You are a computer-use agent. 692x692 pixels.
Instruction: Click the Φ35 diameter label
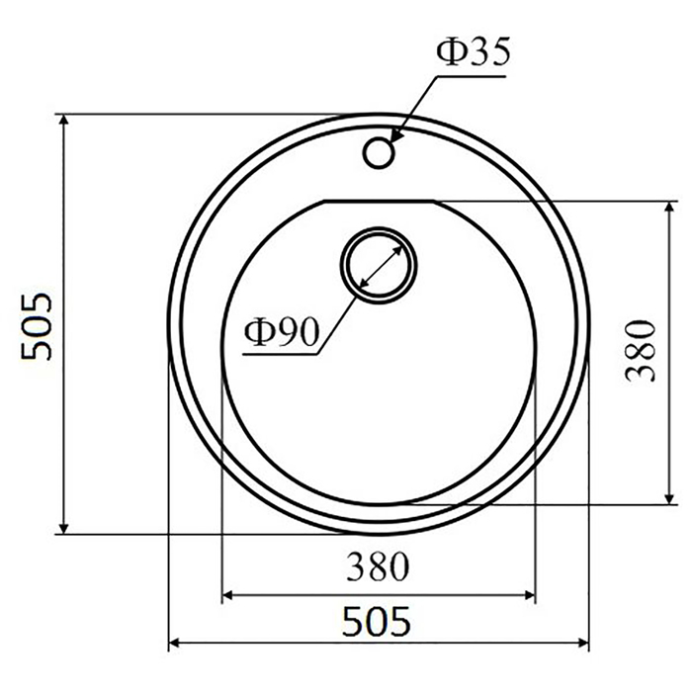[474, 51]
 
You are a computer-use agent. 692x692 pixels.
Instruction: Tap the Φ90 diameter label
[281, 332]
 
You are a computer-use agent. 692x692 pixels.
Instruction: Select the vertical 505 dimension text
[37, 326]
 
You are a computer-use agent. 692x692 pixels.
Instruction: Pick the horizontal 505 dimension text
[377, 622]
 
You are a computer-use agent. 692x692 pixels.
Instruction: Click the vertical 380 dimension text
[641, 351]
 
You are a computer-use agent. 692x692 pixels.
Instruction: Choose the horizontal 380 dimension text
[378, 566]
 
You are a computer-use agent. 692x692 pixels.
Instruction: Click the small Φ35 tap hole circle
[379, 152]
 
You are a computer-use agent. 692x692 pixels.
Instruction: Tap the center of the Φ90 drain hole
[379, 266]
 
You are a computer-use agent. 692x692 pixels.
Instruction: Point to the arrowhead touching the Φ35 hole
[395, 136]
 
